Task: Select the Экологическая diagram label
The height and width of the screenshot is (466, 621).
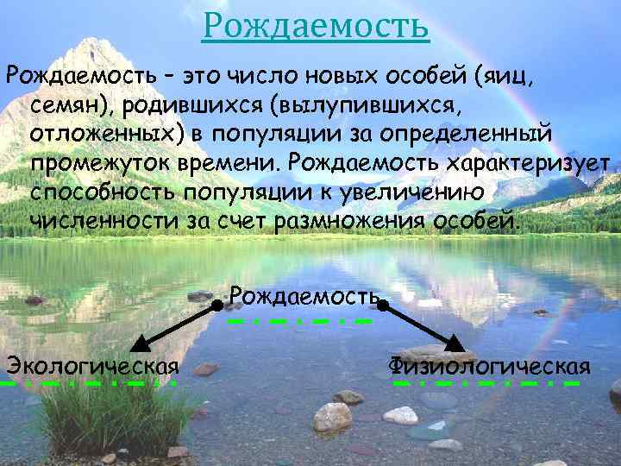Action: (91, 367)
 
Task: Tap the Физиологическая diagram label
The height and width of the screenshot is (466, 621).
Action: (490, 367)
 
